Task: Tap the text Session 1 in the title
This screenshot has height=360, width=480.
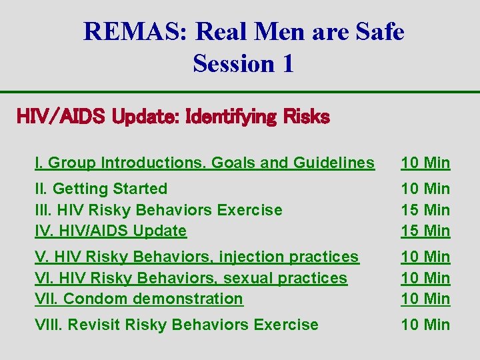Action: (243, 63)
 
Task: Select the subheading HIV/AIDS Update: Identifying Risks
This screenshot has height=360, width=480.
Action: (173, 117)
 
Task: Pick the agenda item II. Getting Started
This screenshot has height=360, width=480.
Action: (101, 189)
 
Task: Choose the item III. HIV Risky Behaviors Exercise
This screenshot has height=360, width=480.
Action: (159, 210)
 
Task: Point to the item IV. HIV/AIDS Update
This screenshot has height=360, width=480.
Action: (111, 231)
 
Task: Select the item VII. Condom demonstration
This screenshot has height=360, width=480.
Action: (139, 299)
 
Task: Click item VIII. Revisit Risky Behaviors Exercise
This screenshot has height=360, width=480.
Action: (177, 325)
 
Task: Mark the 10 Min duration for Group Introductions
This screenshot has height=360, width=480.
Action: (425, 163)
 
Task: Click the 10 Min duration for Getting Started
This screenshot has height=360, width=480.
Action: (425, 189)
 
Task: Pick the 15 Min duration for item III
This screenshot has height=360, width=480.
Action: (425, 210)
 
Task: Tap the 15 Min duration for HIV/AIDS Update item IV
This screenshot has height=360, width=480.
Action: (425, 231)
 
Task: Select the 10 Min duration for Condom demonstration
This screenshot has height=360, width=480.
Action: (425, 299)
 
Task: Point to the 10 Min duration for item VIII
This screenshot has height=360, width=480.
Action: (425, 325)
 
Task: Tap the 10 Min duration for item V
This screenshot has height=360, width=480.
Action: (425, 257)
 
